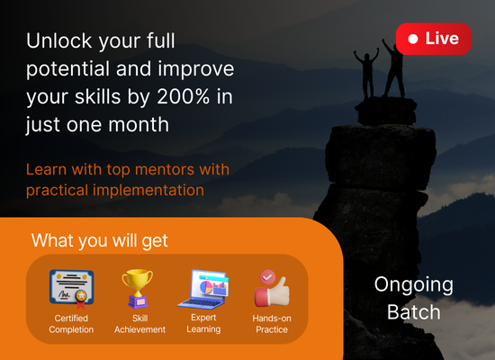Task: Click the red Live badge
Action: pos(434,39)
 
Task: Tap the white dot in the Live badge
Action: pos(413,39)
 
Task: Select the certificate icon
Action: pos(72,289)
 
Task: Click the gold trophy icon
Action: pos(138,288)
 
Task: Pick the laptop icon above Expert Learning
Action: pos(203,289)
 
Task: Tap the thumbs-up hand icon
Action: pos(272,292)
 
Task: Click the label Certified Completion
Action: pos(71,324)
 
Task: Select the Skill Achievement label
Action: pos(139,324)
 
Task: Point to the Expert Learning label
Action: pos(203,323)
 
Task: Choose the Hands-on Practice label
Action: pos(272,324)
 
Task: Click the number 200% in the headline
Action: pos(183,96)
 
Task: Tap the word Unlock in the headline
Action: pos(59,40)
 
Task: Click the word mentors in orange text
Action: pos(165,169)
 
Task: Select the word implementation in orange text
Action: pos(148,190)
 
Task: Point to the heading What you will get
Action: pos(99,240)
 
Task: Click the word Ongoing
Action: pos(414,285)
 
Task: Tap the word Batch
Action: pos(414,312)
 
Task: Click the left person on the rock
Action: pos(367,73)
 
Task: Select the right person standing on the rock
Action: pos(393,68)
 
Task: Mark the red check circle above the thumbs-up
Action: pos(267,277)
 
